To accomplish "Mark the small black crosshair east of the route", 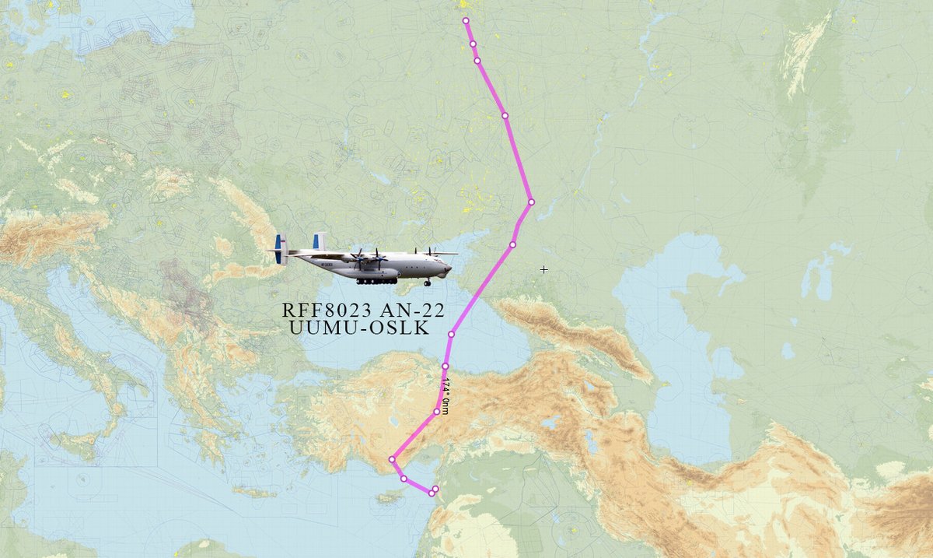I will click(543, 269).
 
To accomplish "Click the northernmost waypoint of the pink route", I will click(466, 21).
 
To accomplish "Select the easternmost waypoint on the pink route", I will click(531, 202).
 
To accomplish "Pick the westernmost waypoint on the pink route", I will click(392, 460).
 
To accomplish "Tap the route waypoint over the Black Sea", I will click(451, 334).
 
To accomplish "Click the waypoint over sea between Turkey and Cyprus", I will click(404, 478).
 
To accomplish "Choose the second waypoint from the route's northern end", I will click(473, 44).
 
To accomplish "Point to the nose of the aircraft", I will click(449, 268).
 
